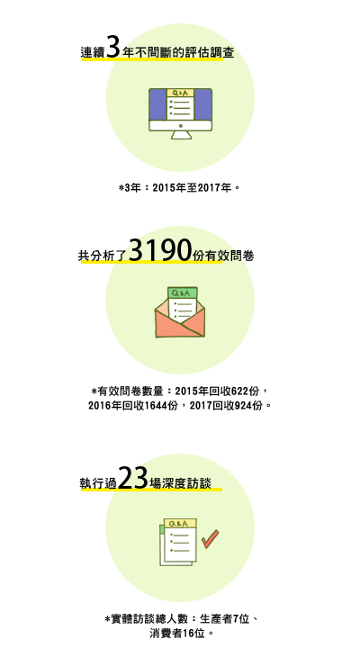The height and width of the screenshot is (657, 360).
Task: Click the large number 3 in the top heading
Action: pos(112,47)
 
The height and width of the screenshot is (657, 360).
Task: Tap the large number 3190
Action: pos(160,250)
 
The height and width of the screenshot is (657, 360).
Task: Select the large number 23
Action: pos(132,478)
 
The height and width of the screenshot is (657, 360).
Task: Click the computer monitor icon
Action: pos(180,113)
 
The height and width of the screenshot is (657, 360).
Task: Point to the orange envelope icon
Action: pos(180,312)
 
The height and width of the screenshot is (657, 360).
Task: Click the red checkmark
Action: pos(210,538)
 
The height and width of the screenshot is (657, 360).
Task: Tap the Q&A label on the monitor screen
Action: pos(180,93)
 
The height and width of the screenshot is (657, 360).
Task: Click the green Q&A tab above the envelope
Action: pos(183,292)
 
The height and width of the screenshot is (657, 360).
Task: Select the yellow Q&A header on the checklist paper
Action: pos(180,523)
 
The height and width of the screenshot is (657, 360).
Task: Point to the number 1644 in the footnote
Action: pos(156,406)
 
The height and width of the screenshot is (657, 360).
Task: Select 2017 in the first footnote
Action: pos(209,188)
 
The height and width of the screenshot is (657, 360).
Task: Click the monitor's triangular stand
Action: pos(181,135)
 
